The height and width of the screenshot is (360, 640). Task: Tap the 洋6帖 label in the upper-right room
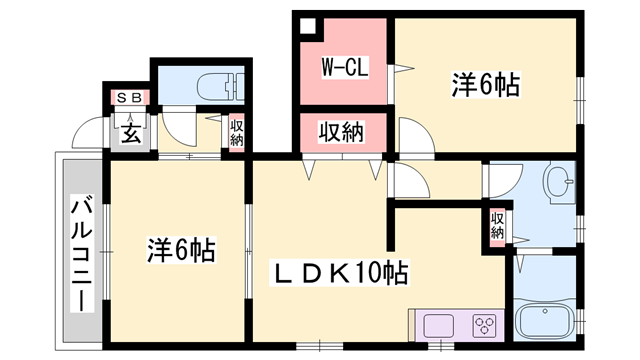pos(486,86)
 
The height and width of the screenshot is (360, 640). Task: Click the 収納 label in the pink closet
pos(340,131)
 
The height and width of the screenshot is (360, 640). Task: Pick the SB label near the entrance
pos(128,98)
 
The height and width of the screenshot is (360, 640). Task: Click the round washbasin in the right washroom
pos(558,185)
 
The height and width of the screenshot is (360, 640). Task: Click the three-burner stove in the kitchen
pos(484,326)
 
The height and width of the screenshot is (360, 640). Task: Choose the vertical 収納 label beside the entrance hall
pos(236,133)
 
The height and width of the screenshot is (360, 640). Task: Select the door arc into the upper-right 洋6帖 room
pos(413,135)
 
